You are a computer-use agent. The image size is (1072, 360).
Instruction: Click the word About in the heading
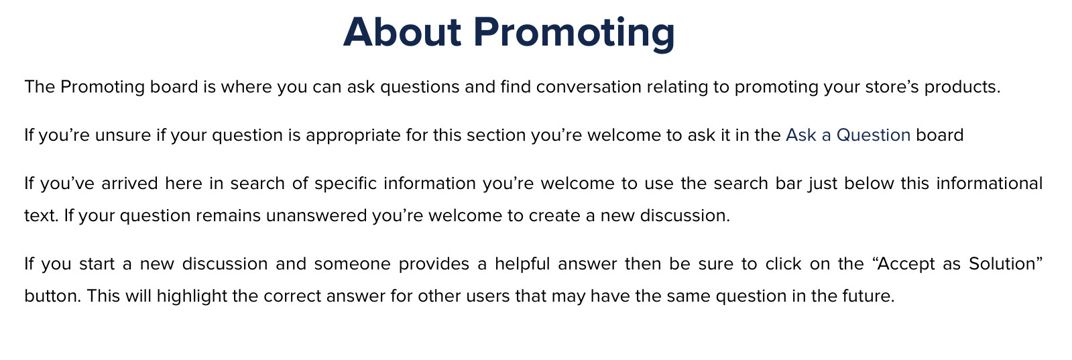[x=402, y=32]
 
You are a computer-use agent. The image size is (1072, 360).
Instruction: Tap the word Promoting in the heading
[x=574, y=34]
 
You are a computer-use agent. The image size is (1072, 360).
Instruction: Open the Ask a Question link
[x=848, y=135]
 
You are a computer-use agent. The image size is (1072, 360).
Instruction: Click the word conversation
[x=589, y=86]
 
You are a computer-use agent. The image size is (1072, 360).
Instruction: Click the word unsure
[x=123, y=135]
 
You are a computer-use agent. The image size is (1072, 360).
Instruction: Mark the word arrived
[x=129, y=183]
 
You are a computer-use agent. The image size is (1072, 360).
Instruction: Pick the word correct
[x=292, y=296]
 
